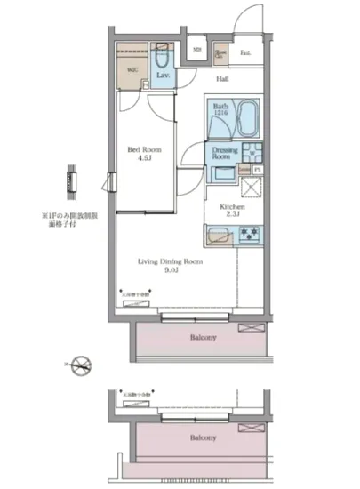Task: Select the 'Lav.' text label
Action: (164, 77)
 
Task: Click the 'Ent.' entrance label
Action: (244, 52)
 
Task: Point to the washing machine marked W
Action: (252, 152)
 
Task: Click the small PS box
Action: (258, 168)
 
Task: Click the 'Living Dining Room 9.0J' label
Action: (170, 267)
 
